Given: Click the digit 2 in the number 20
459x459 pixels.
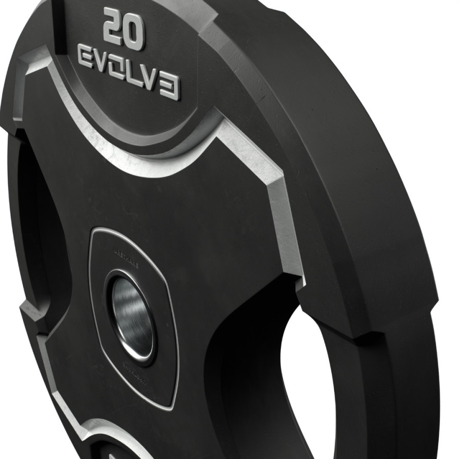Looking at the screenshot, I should (x=114, y=27).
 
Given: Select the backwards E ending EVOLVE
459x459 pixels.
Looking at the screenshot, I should (x=170, y=90).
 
